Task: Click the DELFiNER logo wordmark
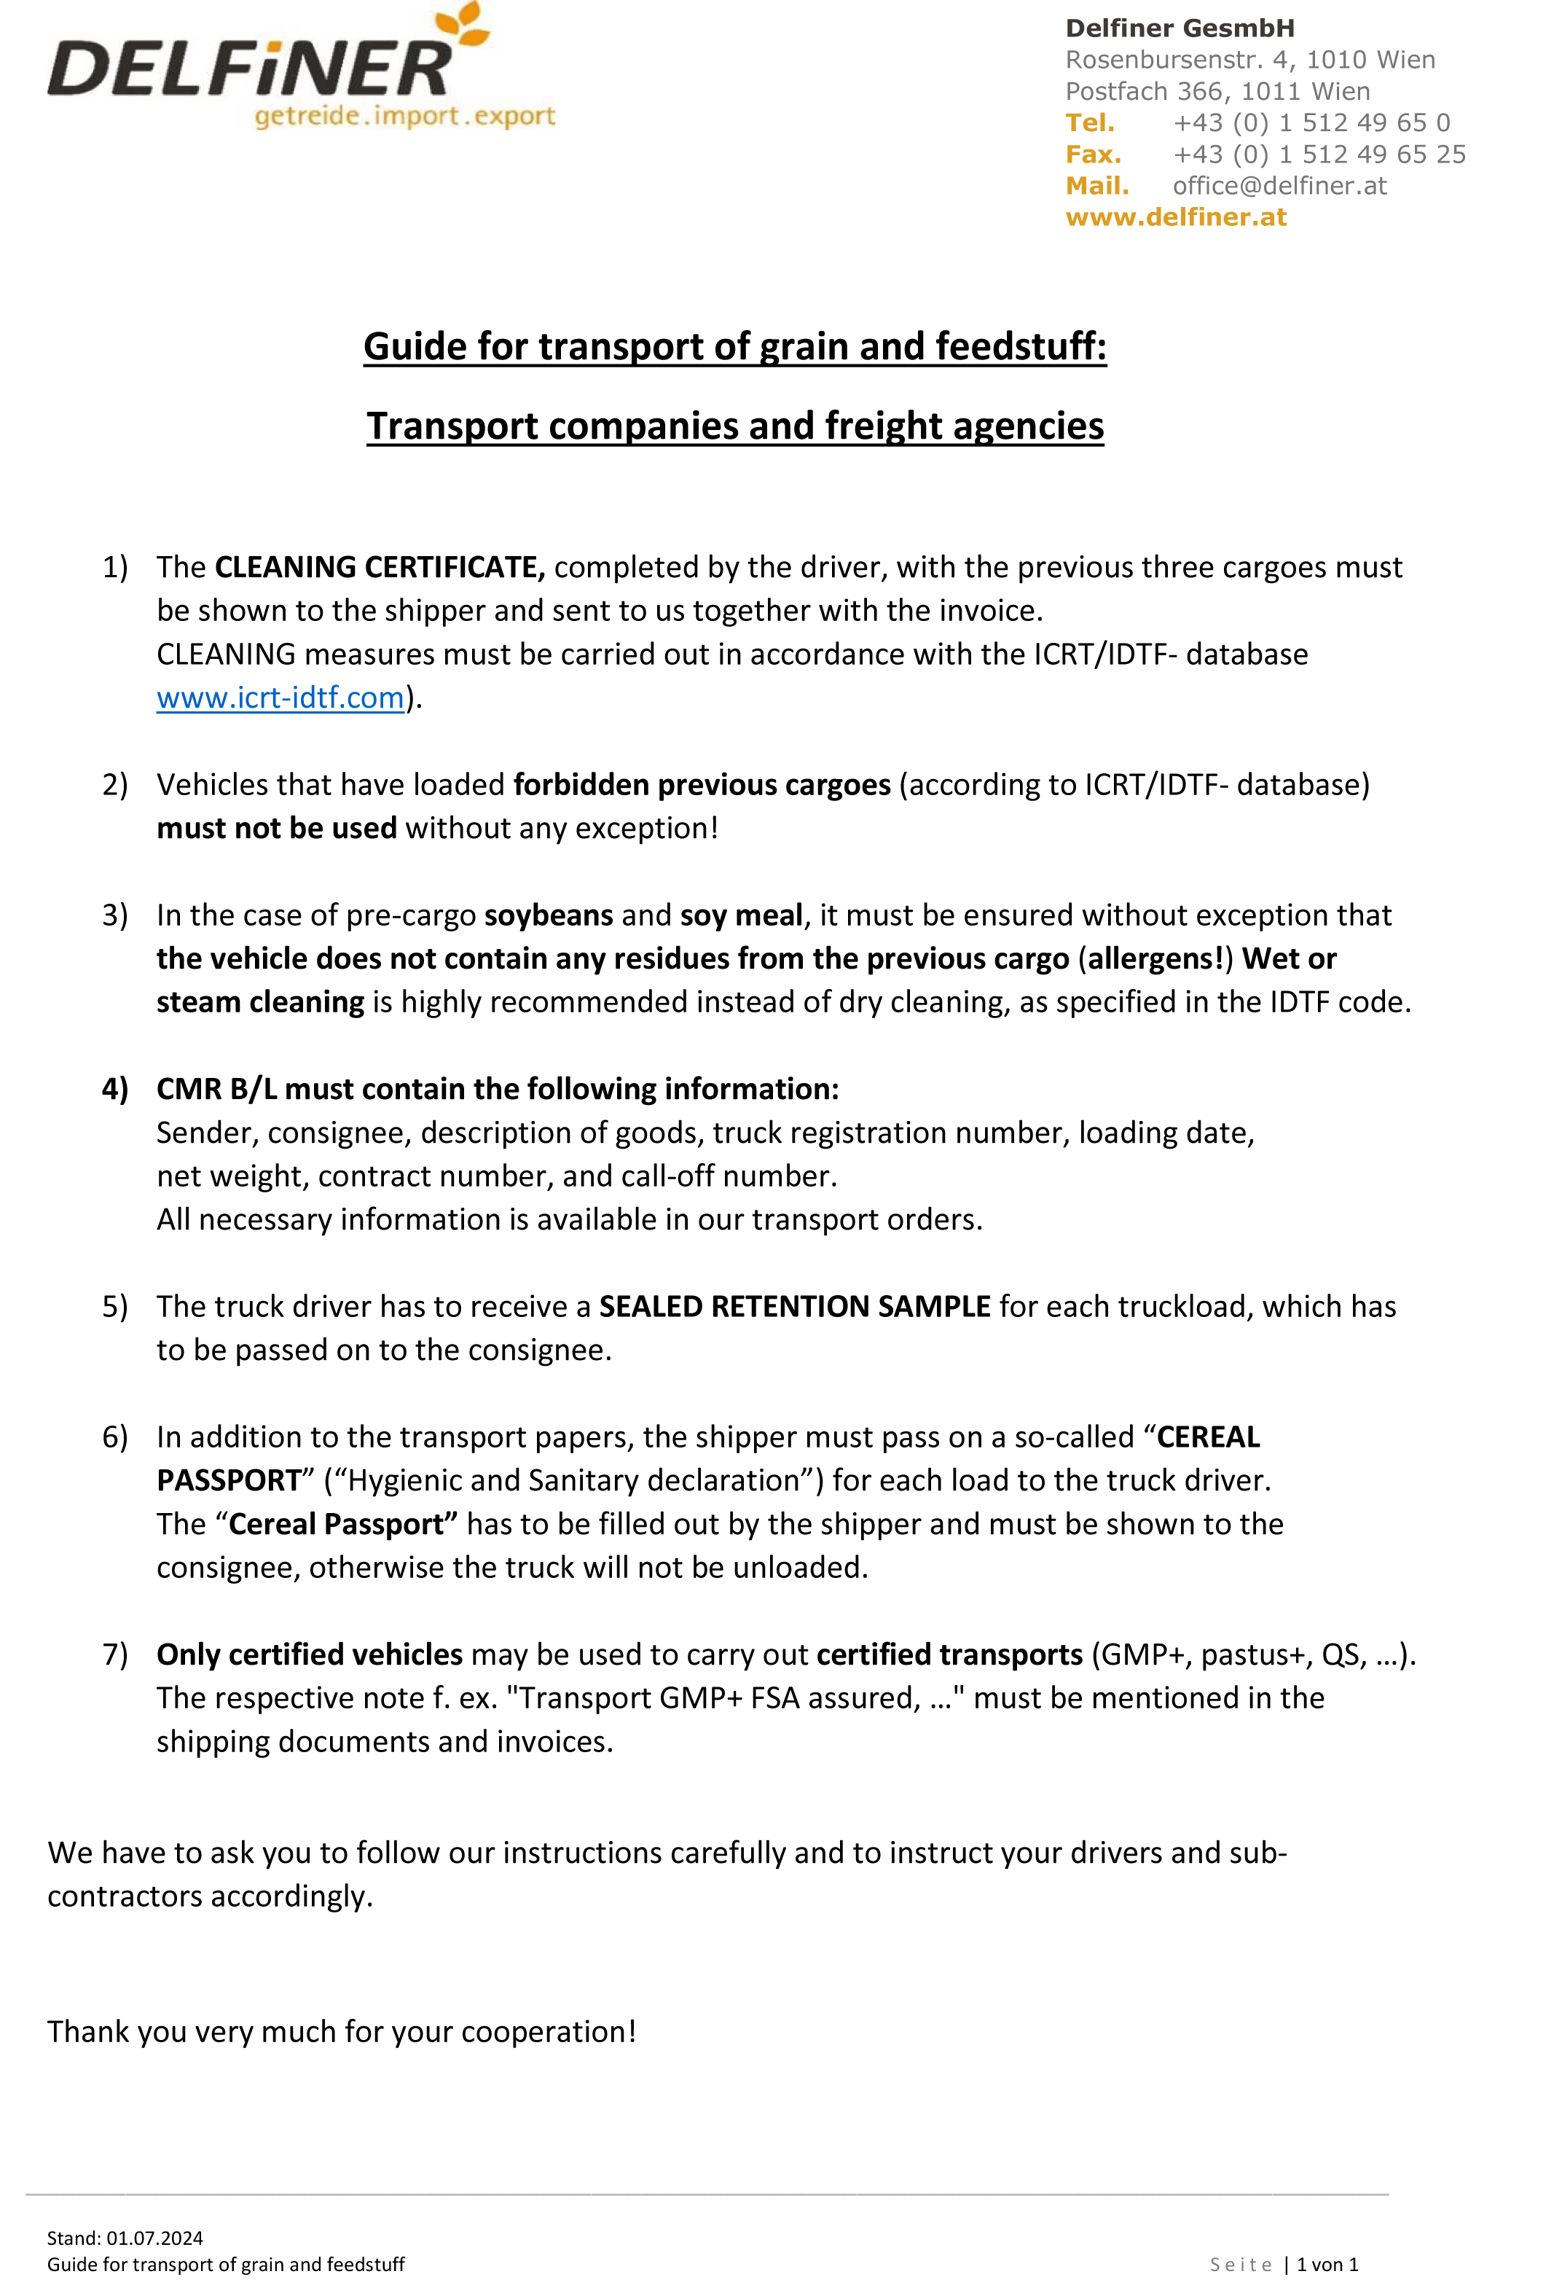click(x=251, y=69)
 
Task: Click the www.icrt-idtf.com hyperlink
click(x=280, y=698)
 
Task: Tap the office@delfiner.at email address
click(x=1279, y=186)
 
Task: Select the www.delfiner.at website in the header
click(x=1175, y=217)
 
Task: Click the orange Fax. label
click(x=1093, y=155)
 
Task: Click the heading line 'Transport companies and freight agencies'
click(x=734, y=426)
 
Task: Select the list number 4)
click(x=115, y=1089)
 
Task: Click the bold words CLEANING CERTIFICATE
click(x=379, y=568)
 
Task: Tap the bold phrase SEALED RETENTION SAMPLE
click(x=794, y=1307)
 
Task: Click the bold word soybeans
click(x=548, y=915)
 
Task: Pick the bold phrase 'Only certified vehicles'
click(x=309, y=1654)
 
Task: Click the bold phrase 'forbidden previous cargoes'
click(x=701, y=784)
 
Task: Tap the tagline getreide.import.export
click(x=404, y=117)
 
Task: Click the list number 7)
click(x=115, y=1654)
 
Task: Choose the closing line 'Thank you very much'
click(x=342, y=2031)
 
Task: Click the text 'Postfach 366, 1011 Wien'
click(x=1217, y=91)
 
